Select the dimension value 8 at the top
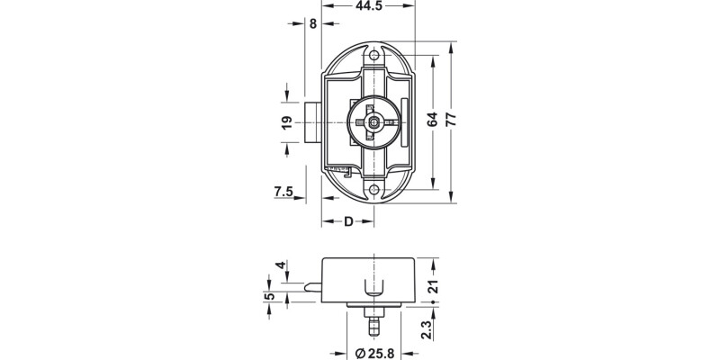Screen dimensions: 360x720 312,24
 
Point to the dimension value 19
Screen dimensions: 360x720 285,122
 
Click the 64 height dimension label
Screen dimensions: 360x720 433,120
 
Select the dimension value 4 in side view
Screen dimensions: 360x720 281,265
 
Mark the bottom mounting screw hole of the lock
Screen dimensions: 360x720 375,188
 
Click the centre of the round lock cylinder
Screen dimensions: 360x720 373,121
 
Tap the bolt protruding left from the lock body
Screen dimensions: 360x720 313,124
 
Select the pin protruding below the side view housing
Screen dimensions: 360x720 373,322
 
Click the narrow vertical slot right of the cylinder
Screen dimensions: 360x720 406,122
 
